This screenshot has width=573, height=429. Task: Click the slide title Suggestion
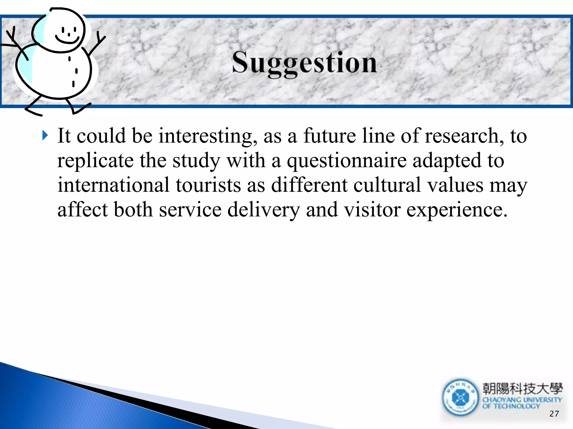click(x=305, y=63)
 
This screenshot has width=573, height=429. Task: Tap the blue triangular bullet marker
click(x=45, y=135)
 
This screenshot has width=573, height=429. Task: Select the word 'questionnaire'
click(x=347, y=161)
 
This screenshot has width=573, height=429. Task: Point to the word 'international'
click(x=113, y=185)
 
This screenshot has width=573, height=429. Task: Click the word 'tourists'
click(x=208, y=185)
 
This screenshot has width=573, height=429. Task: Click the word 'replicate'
click(x=95, y=161)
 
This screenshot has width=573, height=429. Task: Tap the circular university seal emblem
click(x=460, y=397)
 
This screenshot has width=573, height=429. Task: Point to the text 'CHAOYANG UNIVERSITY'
click(x=522, y=400)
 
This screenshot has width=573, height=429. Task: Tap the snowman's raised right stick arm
click(x=97, y=45)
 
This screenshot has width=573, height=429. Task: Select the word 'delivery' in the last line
click(x=263, y=210)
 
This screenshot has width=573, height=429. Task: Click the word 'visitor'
click(x=372, y=210)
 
